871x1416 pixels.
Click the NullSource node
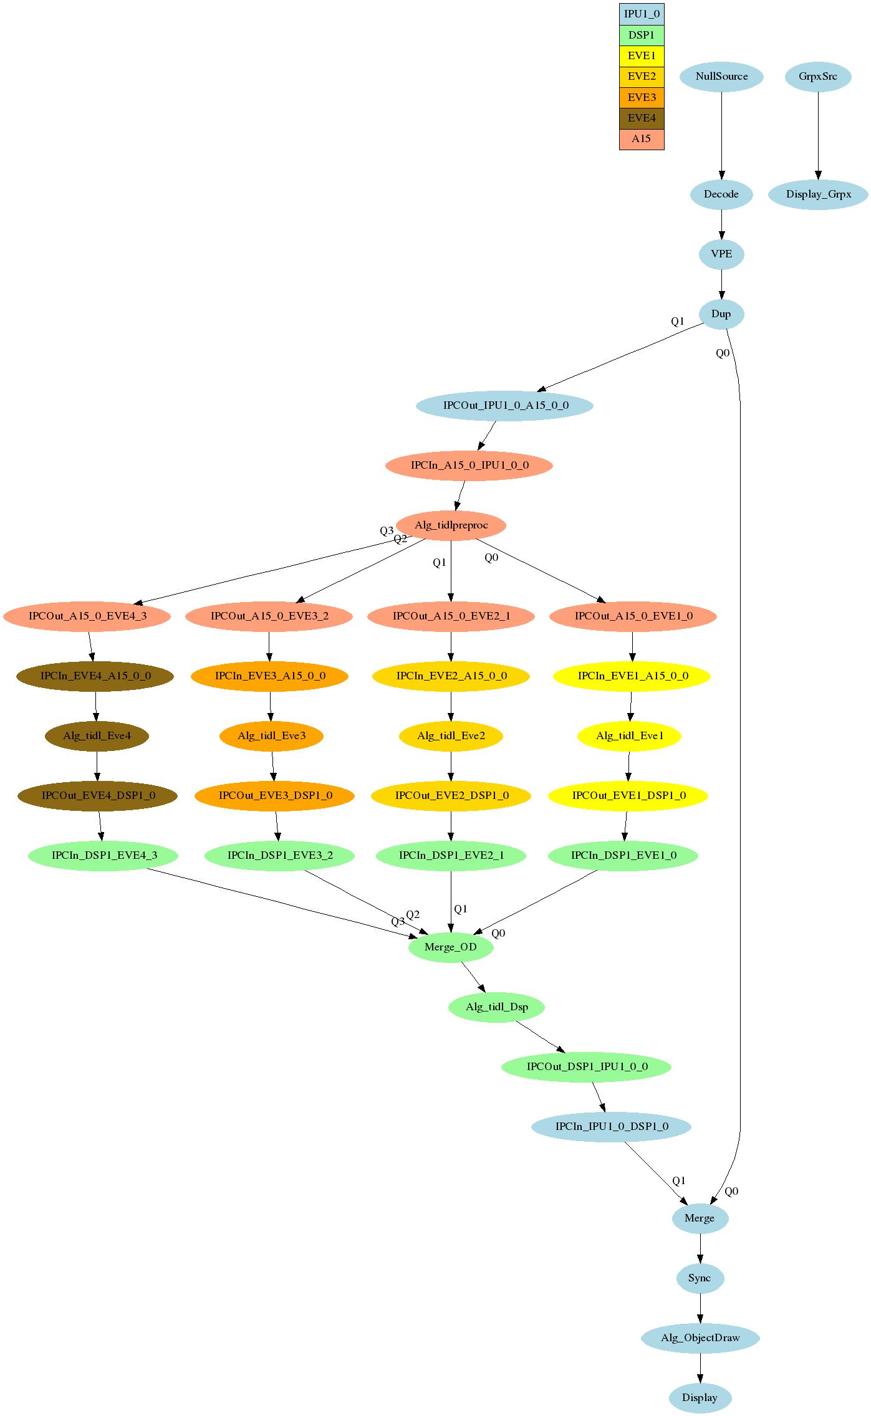pos(721,77)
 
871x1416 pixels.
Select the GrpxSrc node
pos(817,77)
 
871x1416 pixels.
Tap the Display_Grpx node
pos(818,194)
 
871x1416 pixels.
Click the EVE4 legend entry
pos(642,118)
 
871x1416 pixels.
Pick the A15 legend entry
pos(642,139)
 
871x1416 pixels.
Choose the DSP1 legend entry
pos(642,35)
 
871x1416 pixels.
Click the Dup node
pos(721,314)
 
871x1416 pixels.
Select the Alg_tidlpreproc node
pos(451,525)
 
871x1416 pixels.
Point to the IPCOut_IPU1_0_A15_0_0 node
pos(505,406)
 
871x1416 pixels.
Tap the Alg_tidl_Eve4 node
pos(97,736)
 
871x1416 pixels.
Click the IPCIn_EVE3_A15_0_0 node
pos(269,676)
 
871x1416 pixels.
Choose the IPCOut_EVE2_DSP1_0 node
pos(451,796)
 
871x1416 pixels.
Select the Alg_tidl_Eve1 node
pos(629,736)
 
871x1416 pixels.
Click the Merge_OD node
pos(451,947)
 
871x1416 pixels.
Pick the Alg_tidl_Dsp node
pos(497,1007)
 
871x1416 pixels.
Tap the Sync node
pos(700,1278)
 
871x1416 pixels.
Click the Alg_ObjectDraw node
pos(700,1338)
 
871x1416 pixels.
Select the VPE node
pos(721,254)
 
